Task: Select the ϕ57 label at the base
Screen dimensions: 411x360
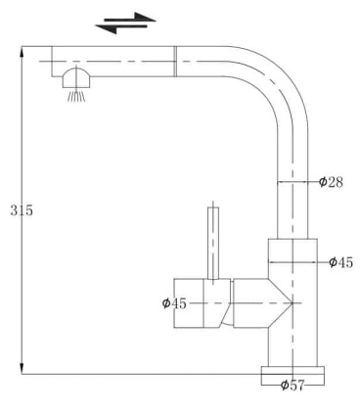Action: point(292,385)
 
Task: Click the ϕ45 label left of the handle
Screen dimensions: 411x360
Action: point(174,303)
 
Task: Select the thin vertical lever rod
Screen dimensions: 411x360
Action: point(211,241)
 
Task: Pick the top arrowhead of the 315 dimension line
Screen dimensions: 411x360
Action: point(22,50)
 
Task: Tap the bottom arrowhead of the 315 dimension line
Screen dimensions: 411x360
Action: point(22,369)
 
